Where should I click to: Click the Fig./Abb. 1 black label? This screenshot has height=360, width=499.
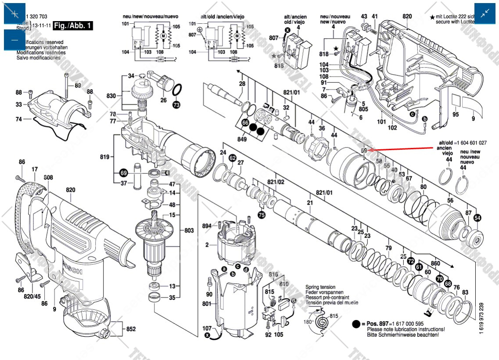click(x=73, y=25)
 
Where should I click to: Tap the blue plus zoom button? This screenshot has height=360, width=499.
click(x=15, y=14)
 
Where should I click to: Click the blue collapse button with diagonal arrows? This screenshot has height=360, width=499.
click(x=485, y=14)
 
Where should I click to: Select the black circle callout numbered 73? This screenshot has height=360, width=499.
click(x=176, y=105)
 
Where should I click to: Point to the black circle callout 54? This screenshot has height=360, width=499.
click(x=477, y=218)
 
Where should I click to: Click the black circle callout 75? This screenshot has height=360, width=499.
click(x=262, y=215)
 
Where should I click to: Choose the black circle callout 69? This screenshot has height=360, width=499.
click(x=123, y=173)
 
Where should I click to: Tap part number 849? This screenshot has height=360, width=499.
click(x=245, y=140)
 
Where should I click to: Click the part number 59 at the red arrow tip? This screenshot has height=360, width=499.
click(x=364, y=151)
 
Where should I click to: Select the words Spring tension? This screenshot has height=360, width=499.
click(x=320, y=287)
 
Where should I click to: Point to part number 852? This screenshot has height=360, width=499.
click(x=131, y=329)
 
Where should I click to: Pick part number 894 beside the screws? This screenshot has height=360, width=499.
click(x=207, y=226)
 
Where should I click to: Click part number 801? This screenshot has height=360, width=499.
click(x=207, y=303)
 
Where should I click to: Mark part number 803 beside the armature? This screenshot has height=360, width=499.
click(x=189, y=230)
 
